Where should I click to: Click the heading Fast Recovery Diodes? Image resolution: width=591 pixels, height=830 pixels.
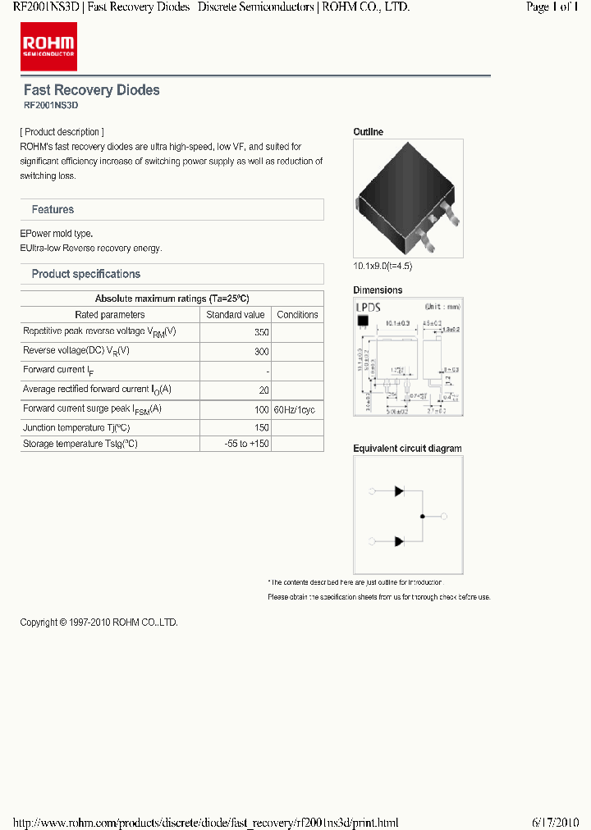pos(91,90)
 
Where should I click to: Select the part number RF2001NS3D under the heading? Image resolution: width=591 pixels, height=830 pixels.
pos(50,106)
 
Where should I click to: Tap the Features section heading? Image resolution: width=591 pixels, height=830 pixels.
pos(53,210)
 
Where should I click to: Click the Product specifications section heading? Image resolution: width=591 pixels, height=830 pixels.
pos(85,274)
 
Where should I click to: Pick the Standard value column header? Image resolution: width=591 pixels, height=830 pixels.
pos(236,315)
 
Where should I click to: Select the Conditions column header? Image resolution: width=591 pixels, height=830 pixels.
pos(297,315)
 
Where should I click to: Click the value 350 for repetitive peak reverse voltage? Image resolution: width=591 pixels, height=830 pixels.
pos(261,333)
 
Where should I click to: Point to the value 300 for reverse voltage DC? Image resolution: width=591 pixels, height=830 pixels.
pos(261,352)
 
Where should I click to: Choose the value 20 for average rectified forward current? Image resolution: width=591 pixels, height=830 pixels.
pos(263,390)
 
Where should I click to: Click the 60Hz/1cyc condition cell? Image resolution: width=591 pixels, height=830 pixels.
pos(297,409)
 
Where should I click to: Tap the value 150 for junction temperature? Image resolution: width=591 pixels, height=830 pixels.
pos(261,428)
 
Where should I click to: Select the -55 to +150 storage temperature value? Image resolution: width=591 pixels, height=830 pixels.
pos(246,444)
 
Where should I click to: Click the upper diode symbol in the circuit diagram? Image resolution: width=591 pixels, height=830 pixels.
pos(400,491)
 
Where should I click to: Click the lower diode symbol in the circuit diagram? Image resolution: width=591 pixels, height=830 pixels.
pos(400,541)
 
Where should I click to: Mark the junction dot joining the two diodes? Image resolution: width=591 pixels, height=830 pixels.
pos(422,517)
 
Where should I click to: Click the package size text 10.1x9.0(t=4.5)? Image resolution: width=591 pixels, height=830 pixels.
pos(383,267)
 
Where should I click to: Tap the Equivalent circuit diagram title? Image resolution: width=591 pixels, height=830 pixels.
pos(407,449)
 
